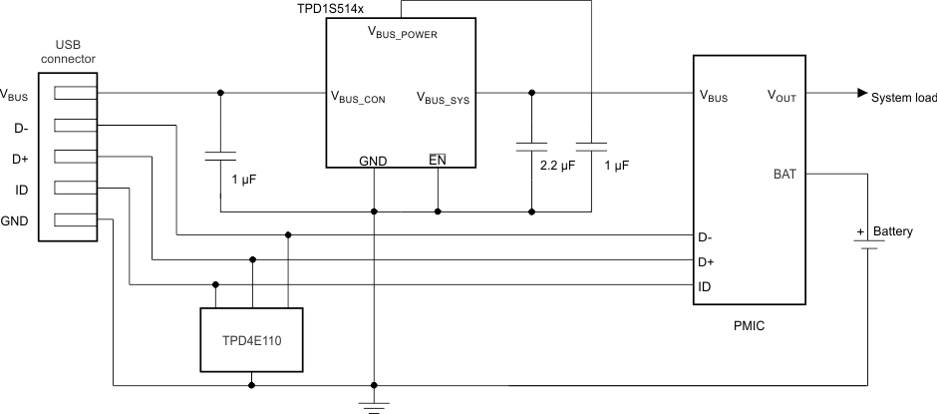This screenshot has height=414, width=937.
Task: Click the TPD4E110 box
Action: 252,339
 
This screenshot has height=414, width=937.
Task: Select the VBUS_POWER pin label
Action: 403,33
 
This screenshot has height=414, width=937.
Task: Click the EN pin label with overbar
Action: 437,160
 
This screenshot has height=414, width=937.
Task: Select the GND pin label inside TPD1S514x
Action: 373,161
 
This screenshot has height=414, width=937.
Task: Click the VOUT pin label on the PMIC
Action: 782,96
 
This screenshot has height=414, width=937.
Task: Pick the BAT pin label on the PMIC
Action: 784,174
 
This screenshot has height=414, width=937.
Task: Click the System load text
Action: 903,98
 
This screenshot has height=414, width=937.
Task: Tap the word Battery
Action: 892,231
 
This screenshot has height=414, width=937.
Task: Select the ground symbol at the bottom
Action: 374,406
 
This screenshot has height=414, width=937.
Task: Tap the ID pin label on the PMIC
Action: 704,286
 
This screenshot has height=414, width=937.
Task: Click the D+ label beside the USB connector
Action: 21,158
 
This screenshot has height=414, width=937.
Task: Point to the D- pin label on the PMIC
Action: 705,237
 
